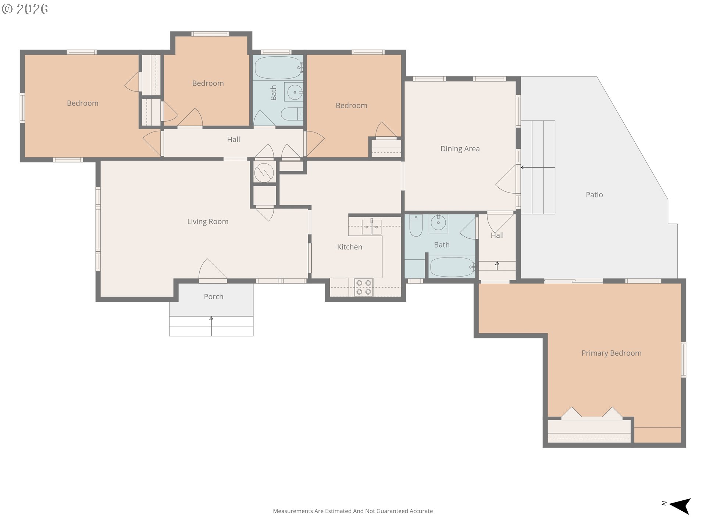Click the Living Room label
[208, 222]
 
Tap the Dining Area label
[460, 149]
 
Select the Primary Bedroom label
[611, 353]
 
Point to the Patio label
[594, 195]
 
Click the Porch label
[214, 296]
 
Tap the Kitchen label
[350, 247]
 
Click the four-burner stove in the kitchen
[364, 287]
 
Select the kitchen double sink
[371, 227]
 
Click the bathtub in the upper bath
[278, 68]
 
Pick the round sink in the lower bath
[438, 223]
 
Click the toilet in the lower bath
[416, 225]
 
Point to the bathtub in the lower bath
[452, 267]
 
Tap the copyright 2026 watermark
[25, 9]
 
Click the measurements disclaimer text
[353, 511]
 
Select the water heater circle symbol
[264, 172]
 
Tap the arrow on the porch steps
[211, 326]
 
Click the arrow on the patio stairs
[538, 168]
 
